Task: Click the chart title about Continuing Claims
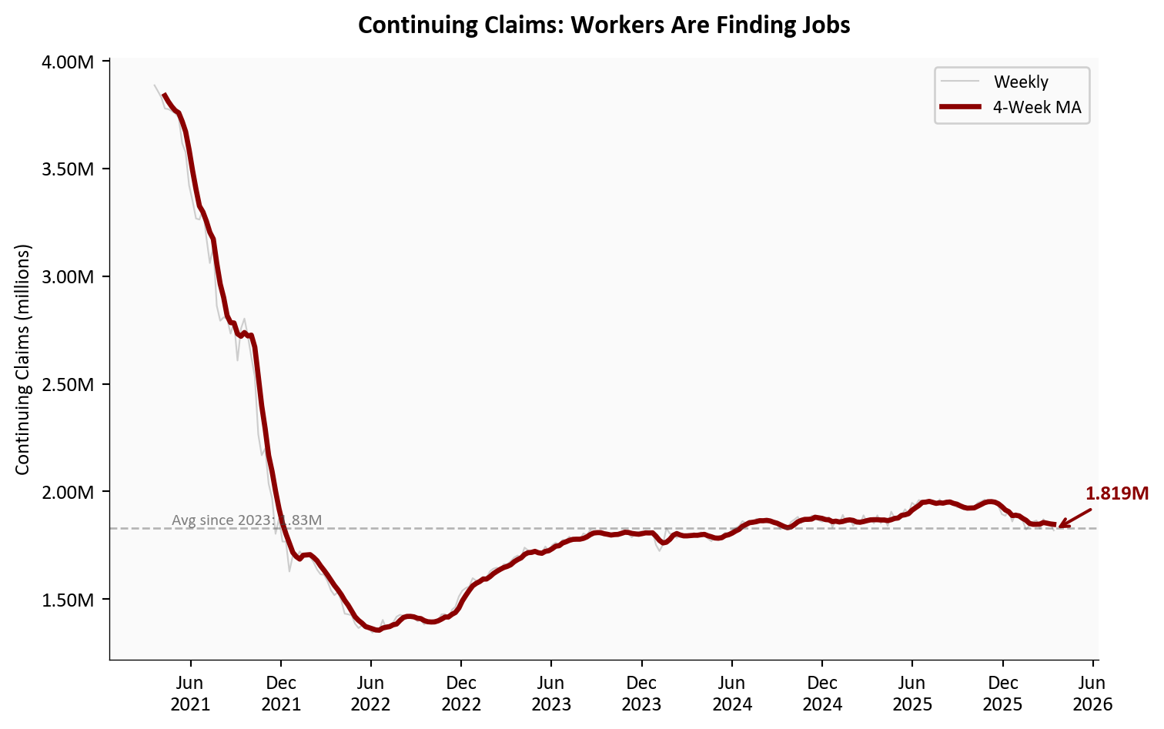(604, 25)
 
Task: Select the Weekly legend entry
(1020, 82)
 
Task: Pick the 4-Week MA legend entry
(1036, 108)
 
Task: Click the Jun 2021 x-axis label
(190, 693)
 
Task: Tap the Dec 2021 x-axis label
(281, 693)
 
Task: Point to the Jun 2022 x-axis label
(371, 693)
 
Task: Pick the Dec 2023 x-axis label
(641, 693)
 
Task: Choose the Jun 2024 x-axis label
(732, 693)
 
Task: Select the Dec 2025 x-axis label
(1002, 693)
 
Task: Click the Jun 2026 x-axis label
(1092, 693)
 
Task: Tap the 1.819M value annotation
(1116, 493)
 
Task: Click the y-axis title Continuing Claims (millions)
(22, 359)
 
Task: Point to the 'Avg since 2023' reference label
(246, 520)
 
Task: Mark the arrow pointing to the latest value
(1075, 518)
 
